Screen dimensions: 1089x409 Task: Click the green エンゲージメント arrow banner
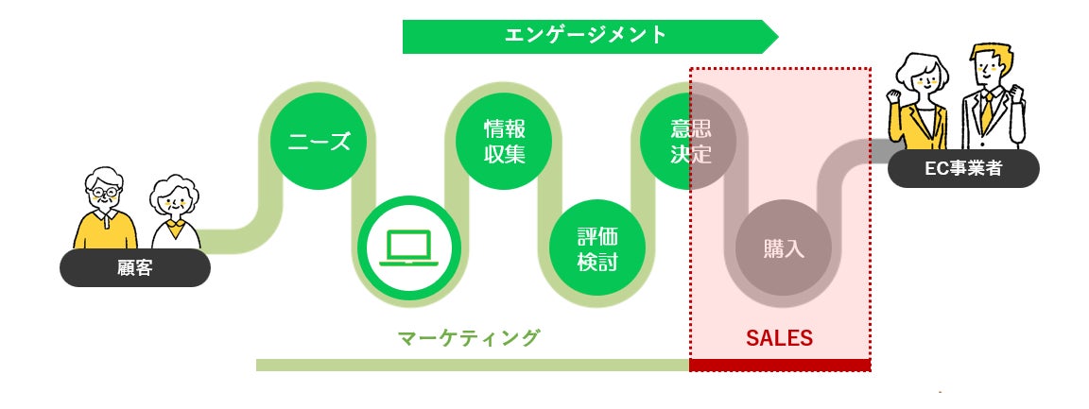586,36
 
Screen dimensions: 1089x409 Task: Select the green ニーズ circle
320,142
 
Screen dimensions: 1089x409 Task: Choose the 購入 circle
783,248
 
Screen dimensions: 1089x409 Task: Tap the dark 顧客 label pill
134,268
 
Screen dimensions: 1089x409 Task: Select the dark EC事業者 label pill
963,170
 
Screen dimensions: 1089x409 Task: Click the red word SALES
779,337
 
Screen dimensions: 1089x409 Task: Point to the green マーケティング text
468,337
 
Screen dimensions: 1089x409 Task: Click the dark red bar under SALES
779,365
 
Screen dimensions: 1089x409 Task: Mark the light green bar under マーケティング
472,365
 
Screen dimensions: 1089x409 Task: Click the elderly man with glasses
105,213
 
